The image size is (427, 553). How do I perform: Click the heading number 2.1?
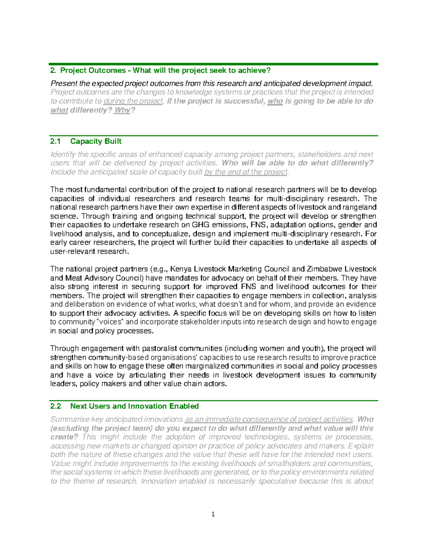pyautogui.click(x=56, y=141)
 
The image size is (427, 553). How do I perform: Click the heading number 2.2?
pyautogui.click(x=56, y=406)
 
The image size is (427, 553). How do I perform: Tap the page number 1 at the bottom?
pyautogui.click(x=213, y=514)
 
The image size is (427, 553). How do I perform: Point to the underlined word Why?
pyautogui.click(x=122, y=110)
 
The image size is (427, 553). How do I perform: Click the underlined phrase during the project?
pyautogui.click(x=133, y=101)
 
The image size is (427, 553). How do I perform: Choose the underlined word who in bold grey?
pyautogui.click(x=275, y=101)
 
